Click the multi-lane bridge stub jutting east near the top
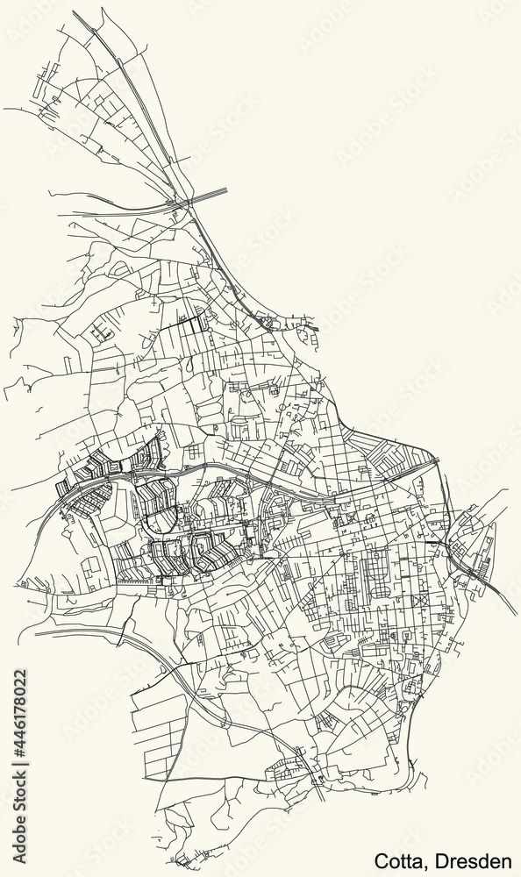pyautogui.click(x=219, y=191)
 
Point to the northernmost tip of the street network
pyautogui.click(x=102, y=9)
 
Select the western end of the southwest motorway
pyautogui.click(x=35, y=631)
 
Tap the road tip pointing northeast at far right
pyautogui.click(x=507, y=492)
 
